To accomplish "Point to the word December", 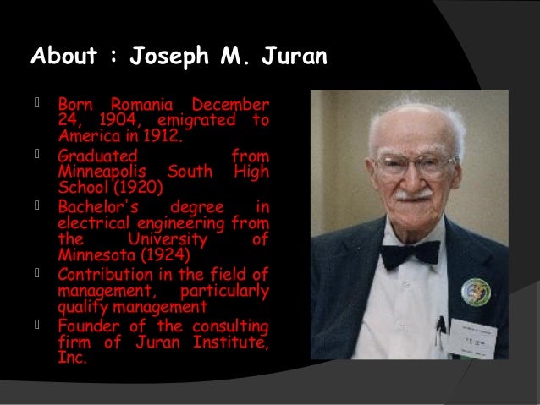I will (230, 107).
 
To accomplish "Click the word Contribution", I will (107, 275).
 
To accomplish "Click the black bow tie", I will (410, 253).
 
